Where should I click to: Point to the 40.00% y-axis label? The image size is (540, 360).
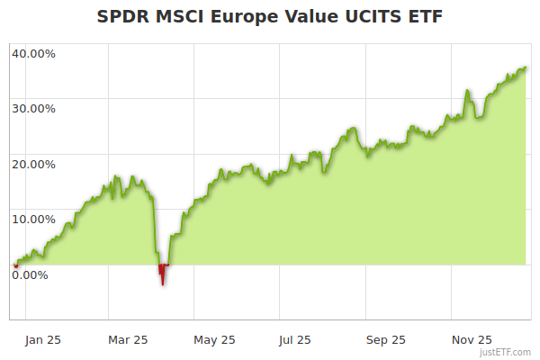tap(33, 53)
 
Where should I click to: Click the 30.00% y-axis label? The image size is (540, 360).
tap(33, 108)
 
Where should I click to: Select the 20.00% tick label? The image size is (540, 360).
tap(33, 164)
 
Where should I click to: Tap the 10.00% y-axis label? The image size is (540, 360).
tap(33, 219)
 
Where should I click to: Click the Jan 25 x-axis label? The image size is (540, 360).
tap(42, 339)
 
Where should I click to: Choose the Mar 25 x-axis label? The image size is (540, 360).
tap(127, 339)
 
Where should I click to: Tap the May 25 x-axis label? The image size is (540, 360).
tap(214, 339)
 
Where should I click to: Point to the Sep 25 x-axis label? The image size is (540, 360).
tap(385, 339)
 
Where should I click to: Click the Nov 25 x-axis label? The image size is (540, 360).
tap(472, 339)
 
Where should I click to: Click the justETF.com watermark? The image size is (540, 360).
tap(507, 352)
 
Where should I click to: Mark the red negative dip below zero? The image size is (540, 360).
tap(162, 273)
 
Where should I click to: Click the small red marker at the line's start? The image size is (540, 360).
tap(15, 265)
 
